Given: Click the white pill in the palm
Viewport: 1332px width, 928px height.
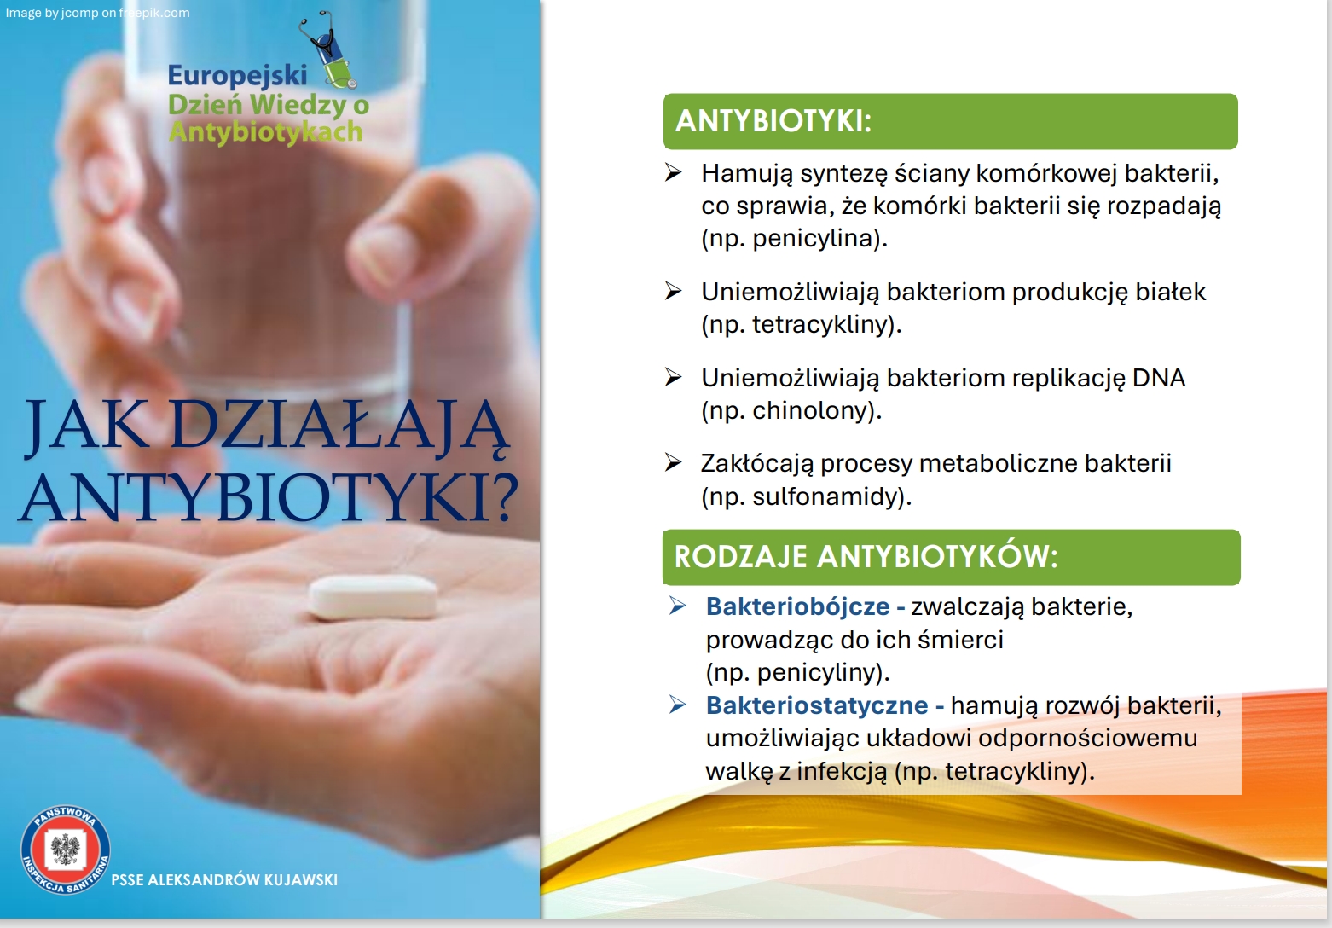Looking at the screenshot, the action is pos(374,597).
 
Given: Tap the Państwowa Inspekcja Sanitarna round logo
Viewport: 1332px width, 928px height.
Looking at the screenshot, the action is pos(66,850).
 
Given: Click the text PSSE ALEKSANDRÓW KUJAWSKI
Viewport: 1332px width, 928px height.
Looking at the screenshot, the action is pos(224,880).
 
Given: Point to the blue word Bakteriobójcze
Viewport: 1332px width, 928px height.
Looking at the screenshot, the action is pos(797,606).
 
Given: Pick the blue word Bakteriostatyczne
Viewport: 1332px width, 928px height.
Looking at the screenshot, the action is pos(817,705).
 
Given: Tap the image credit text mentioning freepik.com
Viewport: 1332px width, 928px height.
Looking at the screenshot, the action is pos(97,13).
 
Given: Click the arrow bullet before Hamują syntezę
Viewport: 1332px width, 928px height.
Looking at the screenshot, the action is pos(673,172).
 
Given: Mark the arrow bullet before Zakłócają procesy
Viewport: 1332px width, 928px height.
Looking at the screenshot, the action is pos(673,462).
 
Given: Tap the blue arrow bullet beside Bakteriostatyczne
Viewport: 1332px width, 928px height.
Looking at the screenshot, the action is pos(677,705).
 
